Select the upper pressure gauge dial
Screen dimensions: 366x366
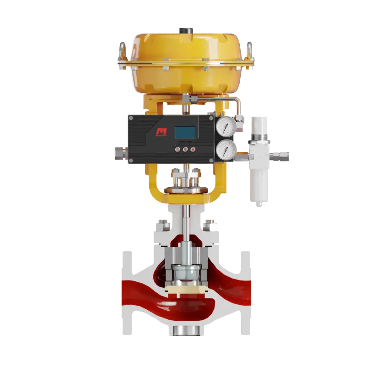(226, 125)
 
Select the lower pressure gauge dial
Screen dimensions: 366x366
(226, 150)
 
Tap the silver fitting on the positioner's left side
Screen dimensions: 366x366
(120, 153)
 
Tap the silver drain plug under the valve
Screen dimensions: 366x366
(186, 331)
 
